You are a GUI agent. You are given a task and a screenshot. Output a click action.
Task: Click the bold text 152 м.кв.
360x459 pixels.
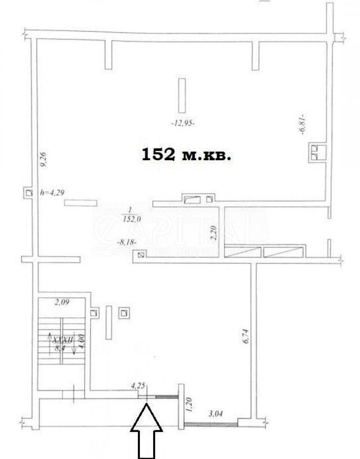tap(187, 155)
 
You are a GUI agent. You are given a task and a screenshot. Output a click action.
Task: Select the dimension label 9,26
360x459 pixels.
tap(43, 160)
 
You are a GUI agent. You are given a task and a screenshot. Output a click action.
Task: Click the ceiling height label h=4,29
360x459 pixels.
tap(53, 192)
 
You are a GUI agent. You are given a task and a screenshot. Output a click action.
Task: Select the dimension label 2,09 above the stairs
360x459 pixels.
tap(61, 303)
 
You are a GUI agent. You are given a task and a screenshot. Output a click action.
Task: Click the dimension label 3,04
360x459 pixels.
tap(215, 414)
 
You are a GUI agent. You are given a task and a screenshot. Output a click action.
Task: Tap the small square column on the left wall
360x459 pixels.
tap(27, 192)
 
